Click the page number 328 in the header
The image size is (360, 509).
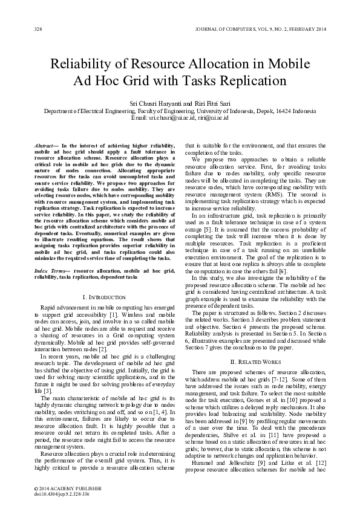click(38, 28)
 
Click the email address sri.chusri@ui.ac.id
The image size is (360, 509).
click(172, 117)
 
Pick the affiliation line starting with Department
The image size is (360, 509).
click(180, 111)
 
